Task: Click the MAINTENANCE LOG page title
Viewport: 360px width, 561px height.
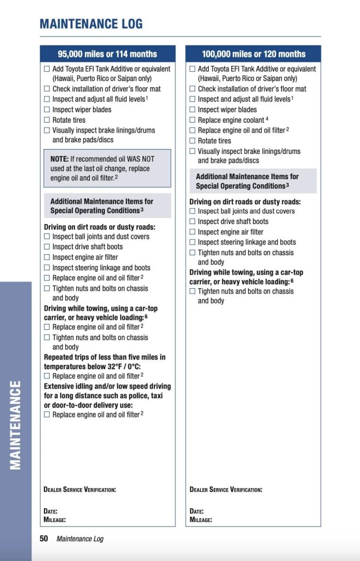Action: pyautogui.click(x=91, y=24)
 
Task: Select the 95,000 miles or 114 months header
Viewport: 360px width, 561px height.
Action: pyautogui.click(x=107, y=54)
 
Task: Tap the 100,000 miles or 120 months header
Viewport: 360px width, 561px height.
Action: pyautogui.click(x=253, y=54)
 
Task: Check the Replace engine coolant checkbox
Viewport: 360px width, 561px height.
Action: pyautogui.click(x=192, y=120)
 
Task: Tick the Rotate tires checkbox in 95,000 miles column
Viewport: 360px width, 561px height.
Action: pyautogui.click(x=47, y=120)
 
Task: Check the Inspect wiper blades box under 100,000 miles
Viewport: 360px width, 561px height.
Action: pyautogui.click(x=192, y=110)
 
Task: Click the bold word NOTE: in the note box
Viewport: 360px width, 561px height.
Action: pyautogui.click(x=59, y=159)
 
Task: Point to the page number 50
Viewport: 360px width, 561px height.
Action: pyautogui.click(x=44, y=539)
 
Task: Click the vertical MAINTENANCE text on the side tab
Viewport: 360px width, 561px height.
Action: pyautogui.click(x=16, y=425)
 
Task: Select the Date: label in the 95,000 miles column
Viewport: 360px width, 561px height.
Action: pyautogui.click(x=50, y=511)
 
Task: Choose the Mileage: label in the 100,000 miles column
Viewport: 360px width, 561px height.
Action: pyautogui.click(x=201, y=519)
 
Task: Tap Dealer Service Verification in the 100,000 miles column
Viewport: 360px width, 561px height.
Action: pyautogui.click(x=226, y=489)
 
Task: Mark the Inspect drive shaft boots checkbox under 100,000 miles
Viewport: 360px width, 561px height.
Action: pyautogui.click(x=192, y=221)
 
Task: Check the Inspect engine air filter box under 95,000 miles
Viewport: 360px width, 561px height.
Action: pyautogui.click(x=47, y=257)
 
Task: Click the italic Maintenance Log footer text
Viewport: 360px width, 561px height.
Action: pyautogui.click(x=79, y=539)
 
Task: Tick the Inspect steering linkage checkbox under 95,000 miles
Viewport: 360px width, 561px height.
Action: pyautogui.click(x=47, y=267)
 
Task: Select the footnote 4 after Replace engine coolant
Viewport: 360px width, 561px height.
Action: pyautogui.click(x=267, y=118)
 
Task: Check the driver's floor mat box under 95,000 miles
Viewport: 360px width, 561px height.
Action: pyautogui.click(x=47, y=89)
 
